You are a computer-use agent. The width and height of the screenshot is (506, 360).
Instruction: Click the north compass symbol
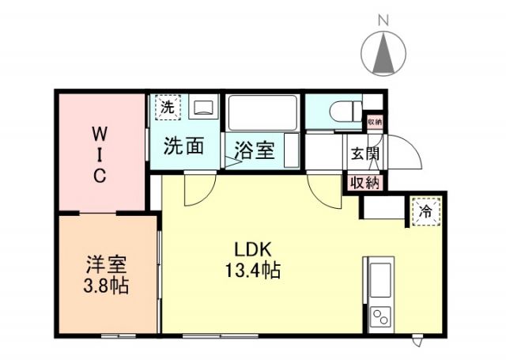pyautogui.click(x=383, y=54)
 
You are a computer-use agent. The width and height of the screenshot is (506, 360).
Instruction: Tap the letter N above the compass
pyautogui.click(x=383, y=19)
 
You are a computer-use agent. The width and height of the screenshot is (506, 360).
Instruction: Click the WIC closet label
pyautogui.click(x=100, y=153)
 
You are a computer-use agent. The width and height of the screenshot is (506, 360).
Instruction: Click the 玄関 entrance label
pyautogui.click(x=364, y=153)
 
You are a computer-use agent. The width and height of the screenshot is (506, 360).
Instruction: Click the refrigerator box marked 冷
pyautogui.click(x=425, y=211)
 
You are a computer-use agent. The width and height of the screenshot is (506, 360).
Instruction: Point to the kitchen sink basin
pyautogui.click(x=379, y=279)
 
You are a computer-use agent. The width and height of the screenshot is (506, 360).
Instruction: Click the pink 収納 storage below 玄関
pyautogui.click(x=364, y=183)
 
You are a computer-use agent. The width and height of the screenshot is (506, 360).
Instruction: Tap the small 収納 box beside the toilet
pyautogui.click(x=373, y=122)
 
